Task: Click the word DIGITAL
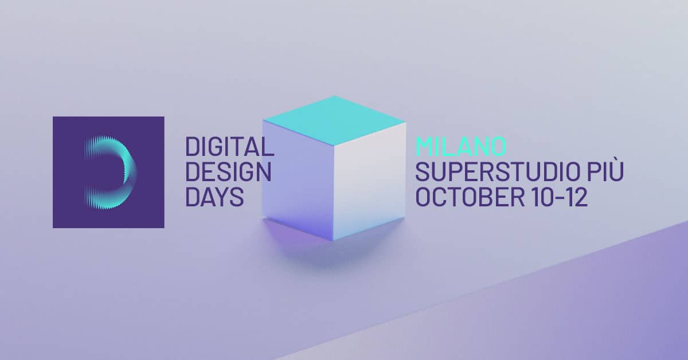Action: pyautogui.click(x=229, y=147)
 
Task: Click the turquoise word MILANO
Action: pyautogui.click(x=461, y=146)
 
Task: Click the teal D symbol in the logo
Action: pyautogui.click(x=109, y=172)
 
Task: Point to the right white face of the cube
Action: pyautogui.click(x=370, y=178)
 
